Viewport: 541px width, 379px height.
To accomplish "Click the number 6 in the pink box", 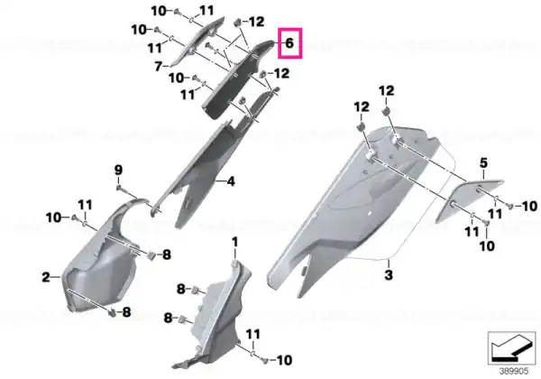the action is [289, 43].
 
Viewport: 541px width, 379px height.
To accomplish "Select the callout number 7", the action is [159, 66].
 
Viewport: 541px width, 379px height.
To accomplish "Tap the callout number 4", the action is [231, 180].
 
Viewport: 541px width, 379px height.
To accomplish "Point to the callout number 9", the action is [118, 170].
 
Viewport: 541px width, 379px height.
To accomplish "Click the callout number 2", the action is [46, 277].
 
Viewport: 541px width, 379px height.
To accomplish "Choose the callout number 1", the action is [235, 242].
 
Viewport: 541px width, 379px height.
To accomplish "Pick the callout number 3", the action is [389, 275].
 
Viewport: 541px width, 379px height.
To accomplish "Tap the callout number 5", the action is [483, 163].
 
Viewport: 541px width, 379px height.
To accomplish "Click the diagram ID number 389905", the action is [514, 372].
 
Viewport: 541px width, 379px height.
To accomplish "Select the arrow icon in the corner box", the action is [511, 347].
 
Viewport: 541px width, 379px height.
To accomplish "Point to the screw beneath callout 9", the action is [119, 188].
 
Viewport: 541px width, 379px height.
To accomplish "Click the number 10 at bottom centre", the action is [285, 360].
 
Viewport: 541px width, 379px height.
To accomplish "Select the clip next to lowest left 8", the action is [112, 313].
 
